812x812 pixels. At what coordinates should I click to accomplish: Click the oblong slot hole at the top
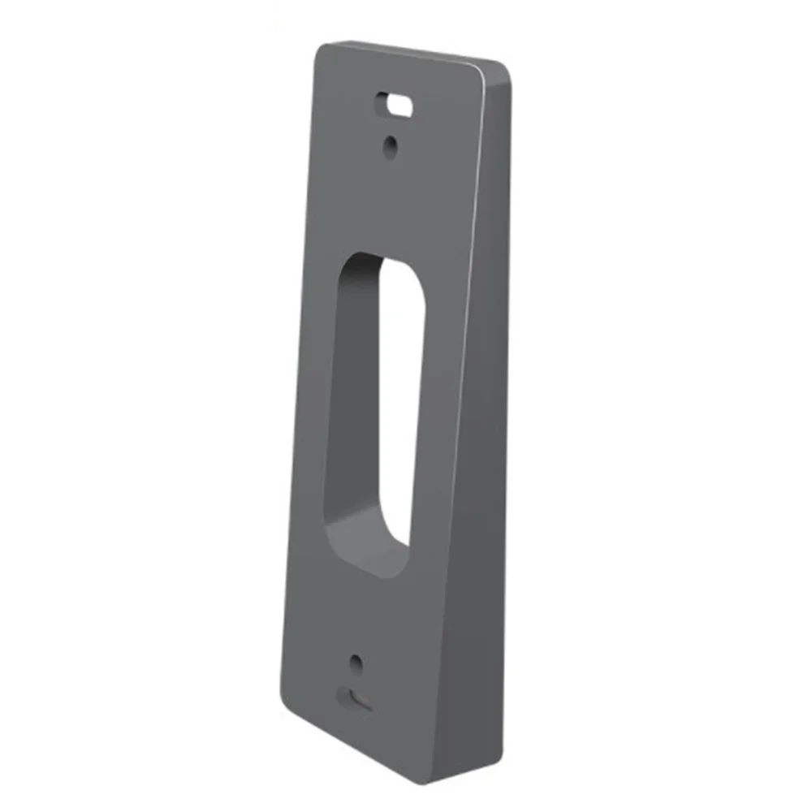pos(393,104)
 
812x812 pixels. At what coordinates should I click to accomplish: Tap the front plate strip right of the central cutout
pos(443,406)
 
